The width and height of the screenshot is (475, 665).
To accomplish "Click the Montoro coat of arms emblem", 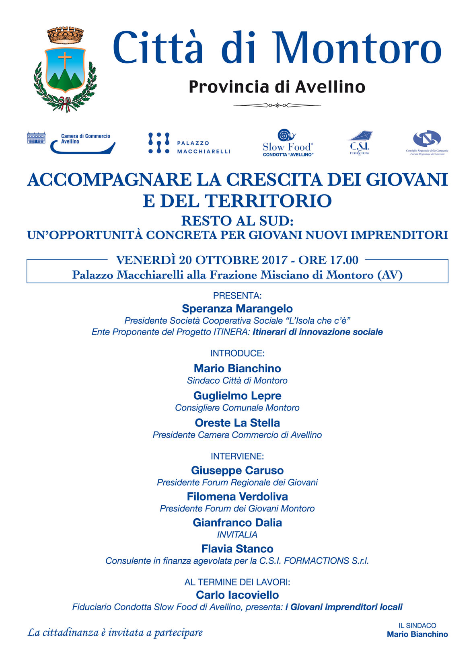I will pos(65,70).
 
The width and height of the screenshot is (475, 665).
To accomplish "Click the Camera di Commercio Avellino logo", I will pos(71,143).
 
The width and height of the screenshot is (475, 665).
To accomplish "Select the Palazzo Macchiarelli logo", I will pos(189,143).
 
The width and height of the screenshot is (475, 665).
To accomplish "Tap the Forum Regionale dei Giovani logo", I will pos(427,143).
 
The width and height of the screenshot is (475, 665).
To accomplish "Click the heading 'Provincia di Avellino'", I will pos(277,87).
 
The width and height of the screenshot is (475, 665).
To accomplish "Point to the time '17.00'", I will pos(344,260).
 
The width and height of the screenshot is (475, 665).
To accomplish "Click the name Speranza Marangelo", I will pos(237,308).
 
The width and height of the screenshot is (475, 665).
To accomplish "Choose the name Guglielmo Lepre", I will pos(237,396).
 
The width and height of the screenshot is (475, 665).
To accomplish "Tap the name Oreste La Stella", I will pos(237,423).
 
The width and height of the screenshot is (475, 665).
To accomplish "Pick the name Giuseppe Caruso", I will pos(237,470).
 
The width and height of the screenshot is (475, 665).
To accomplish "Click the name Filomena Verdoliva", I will pos(237,496).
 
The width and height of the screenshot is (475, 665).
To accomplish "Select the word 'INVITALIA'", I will pos(237,534).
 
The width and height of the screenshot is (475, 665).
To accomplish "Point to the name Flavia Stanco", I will pos(237,548).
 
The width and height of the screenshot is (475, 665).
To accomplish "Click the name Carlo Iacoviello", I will pos(237,595).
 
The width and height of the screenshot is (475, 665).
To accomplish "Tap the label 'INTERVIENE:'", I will pos(237,456).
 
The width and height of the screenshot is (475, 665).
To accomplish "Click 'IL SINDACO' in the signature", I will pos(417,625).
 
